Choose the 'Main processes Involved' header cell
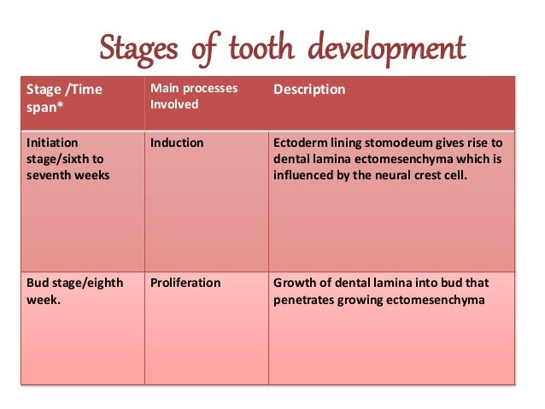(x=194, y=96)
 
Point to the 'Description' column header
(x=309, y=90)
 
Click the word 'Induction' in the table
(x=177, y=143)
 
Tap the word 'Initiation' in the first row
(x=53, y=143)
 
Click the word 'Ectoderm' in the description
(x=300, y=143)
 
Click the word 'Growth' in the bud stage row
(x=293, y=283)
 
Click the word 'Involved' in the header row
(x=174, y=105)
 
